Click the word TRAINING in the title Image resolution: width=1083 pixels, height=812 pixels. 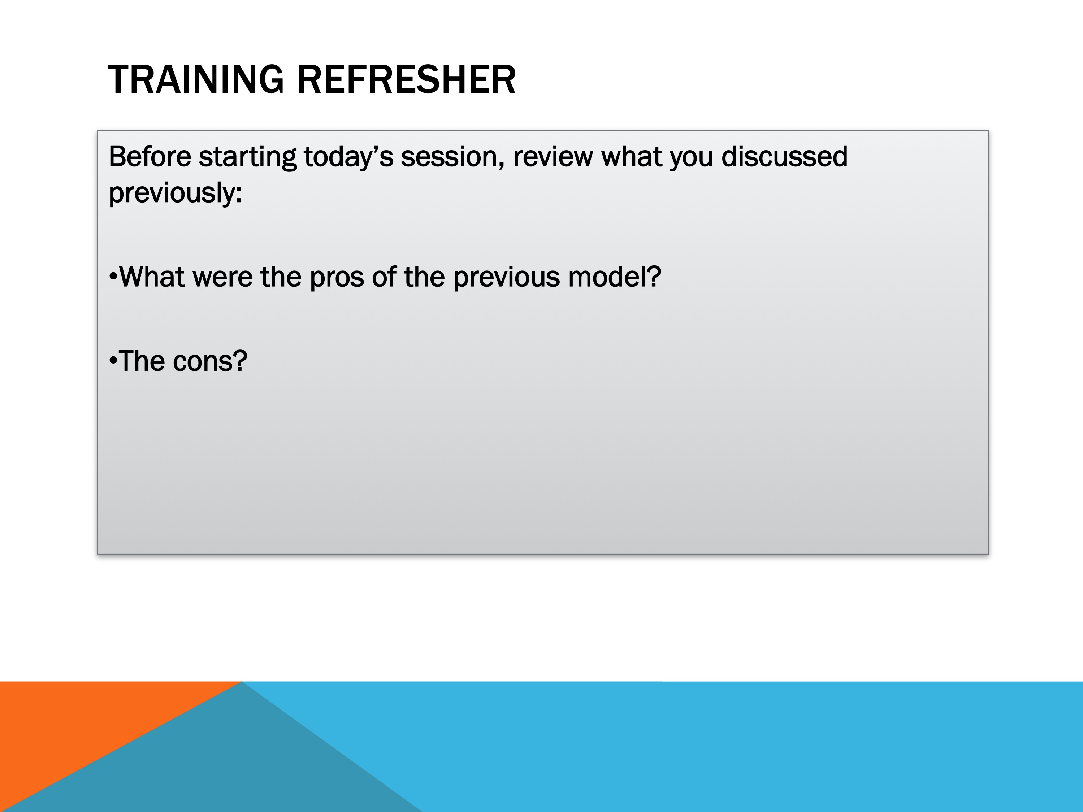point(196,79)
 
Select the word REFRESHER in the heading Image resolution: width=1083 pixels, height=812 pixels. point(406,79)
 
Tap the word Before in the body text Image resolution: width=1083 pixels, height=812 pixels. point(150,157)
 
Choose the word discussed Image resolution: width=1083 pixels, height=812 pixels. point(784,157)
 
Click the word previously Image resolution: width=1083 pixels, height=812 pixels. point(175,193)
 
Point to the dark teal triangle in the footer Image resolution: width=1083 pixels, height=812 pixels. point(235,768)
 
